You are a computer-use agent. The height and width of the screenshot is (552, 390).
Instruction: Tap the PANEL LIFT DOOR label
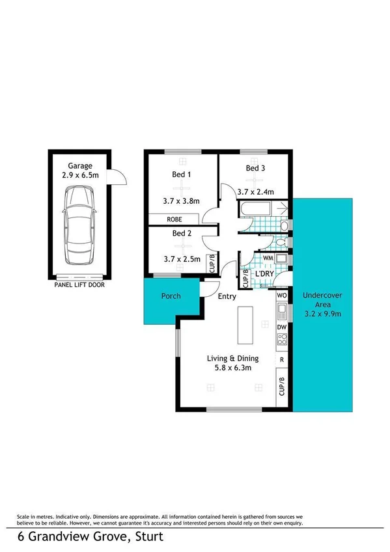(x=79, y=285)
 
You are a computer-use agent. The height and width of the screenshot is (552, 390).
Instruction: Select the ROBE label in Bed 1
(x=174, y=220)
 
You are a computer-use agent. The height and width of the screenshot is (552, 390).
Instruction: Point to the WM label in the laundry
(x=267, y=258)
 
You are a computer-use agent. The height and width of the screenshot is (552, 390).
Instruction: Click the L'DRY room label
(x=264, y=275)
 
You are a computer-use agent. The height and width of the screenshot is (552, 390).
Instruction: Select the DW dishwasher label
(x=282, y=327)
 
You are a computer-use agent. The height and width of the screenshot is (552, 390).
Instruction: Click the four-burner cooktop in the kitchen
(x=283, y=340)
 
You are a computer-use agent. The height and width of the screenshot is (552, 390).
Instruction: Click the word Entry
(x=227, y=297)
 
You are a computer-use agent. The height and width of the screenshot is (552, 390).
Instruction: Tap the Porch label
(x=171, y=296)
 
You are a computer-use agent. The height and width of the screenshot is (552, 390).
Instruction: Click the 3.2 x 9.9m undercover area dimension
(x=322, y=312)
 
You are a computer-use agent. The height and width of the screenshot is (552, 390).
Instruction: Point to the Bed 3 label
(x=255, y=169)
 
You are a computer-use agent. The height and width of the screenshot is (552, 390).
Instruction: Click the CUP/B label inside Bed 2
(x=211, y=263)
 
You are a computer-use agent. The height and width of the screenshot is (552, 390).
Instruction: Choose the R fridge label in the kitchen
(x=281, y=359)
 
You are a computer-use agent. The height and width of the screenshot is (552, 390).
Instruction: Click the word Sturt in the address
(x=147, y=537)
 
